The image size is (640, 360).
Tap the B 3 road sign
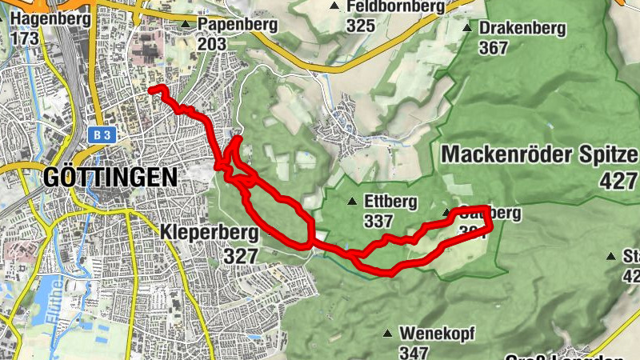[100, 136]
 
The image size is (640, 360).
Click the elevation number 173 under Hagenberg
[26, 36]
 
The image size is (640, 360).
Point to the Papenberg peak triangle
[186, 25]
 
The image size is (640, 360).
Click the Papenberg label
[238, 24]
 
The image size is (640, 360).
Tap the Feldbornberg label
[395, 6]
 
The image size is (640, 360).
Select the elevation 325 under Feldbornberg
[361, 25]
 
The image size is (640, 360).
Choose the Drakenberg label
[522, 28]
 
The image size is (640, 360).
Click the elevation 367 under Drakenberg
[494, 47]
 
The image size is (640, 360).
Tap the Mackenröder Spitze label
[539, 154]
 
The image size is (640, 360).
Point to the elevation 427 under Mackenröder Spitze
[618, 181]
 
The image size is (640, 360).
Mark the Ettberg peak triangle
[351, 201]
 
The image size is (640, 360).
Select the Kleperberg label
[209, 234]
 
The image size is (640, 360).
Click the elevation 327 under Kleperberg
[240, 256]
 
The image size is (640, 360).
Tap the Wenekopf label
[432, 333]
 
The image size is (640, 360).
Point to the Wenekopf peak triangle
[388, 333]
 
